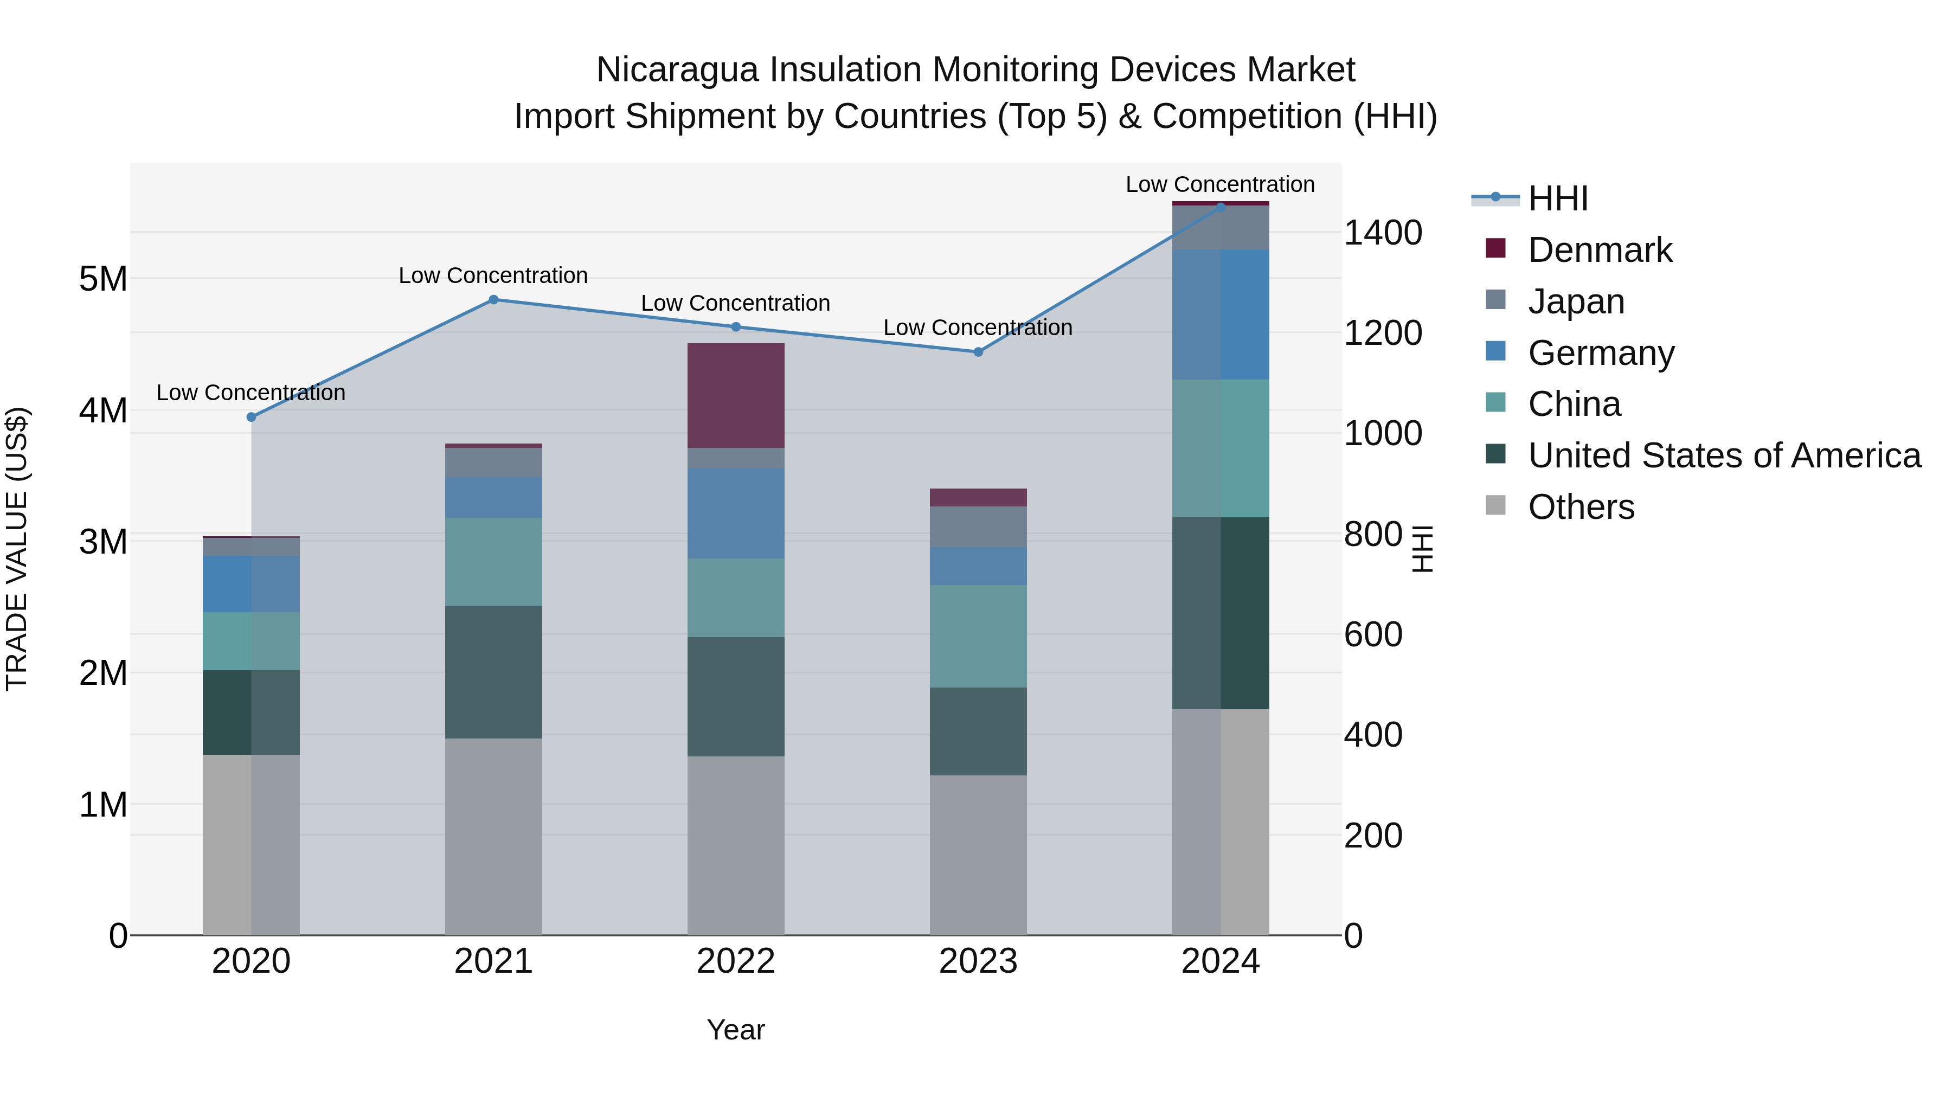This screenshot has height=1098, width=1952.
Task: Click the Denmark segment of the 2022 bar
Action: (735, 396)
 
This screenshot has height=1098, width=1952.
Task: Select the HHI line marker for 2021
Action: (493, 299)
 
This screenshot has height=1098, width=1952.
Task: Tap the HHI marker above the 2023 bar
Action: (978, 351)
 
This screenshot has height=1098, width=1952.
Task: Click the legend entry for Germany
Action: (1601, 353)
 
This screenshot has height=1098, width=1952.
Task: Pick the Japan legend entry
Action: (1576, 301)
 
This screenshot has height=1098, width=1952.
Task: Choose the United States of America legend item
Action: (1724, 455)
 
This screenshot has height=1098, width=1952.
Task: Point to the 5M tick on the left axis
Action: (103, 279)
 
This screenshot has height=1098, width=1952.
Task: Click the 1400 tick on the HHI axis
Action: (1382, 233)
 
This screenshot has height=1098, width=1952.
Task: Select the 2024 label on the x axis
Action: (1220, 961)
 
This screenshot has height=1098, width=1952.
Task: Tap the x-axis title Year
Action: (735, 1030)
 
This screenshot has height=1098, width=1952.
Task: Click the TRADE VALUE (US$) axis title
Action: (17, 549)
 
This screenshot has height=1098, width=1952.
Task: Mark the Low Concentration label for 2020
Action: (251, 393)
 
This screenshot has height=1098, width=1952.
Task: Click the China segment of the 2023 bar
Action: (978, 636)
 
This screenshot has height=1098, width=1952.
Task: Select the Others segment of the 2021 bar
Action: (493, 837)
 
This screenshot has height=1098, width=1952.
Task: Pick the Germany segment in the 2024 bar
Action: (1220, 314)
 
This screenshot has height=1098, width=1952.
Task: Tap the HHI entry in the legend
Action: (1557, 198)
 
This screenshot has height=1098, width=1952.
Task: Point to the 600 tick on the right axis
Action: (1372, 634)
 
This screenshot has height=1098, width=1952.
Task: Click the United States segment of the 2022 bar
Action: (735, 696)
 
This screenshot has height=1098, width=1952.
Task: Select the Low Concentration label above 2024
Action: (1219, 184)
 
